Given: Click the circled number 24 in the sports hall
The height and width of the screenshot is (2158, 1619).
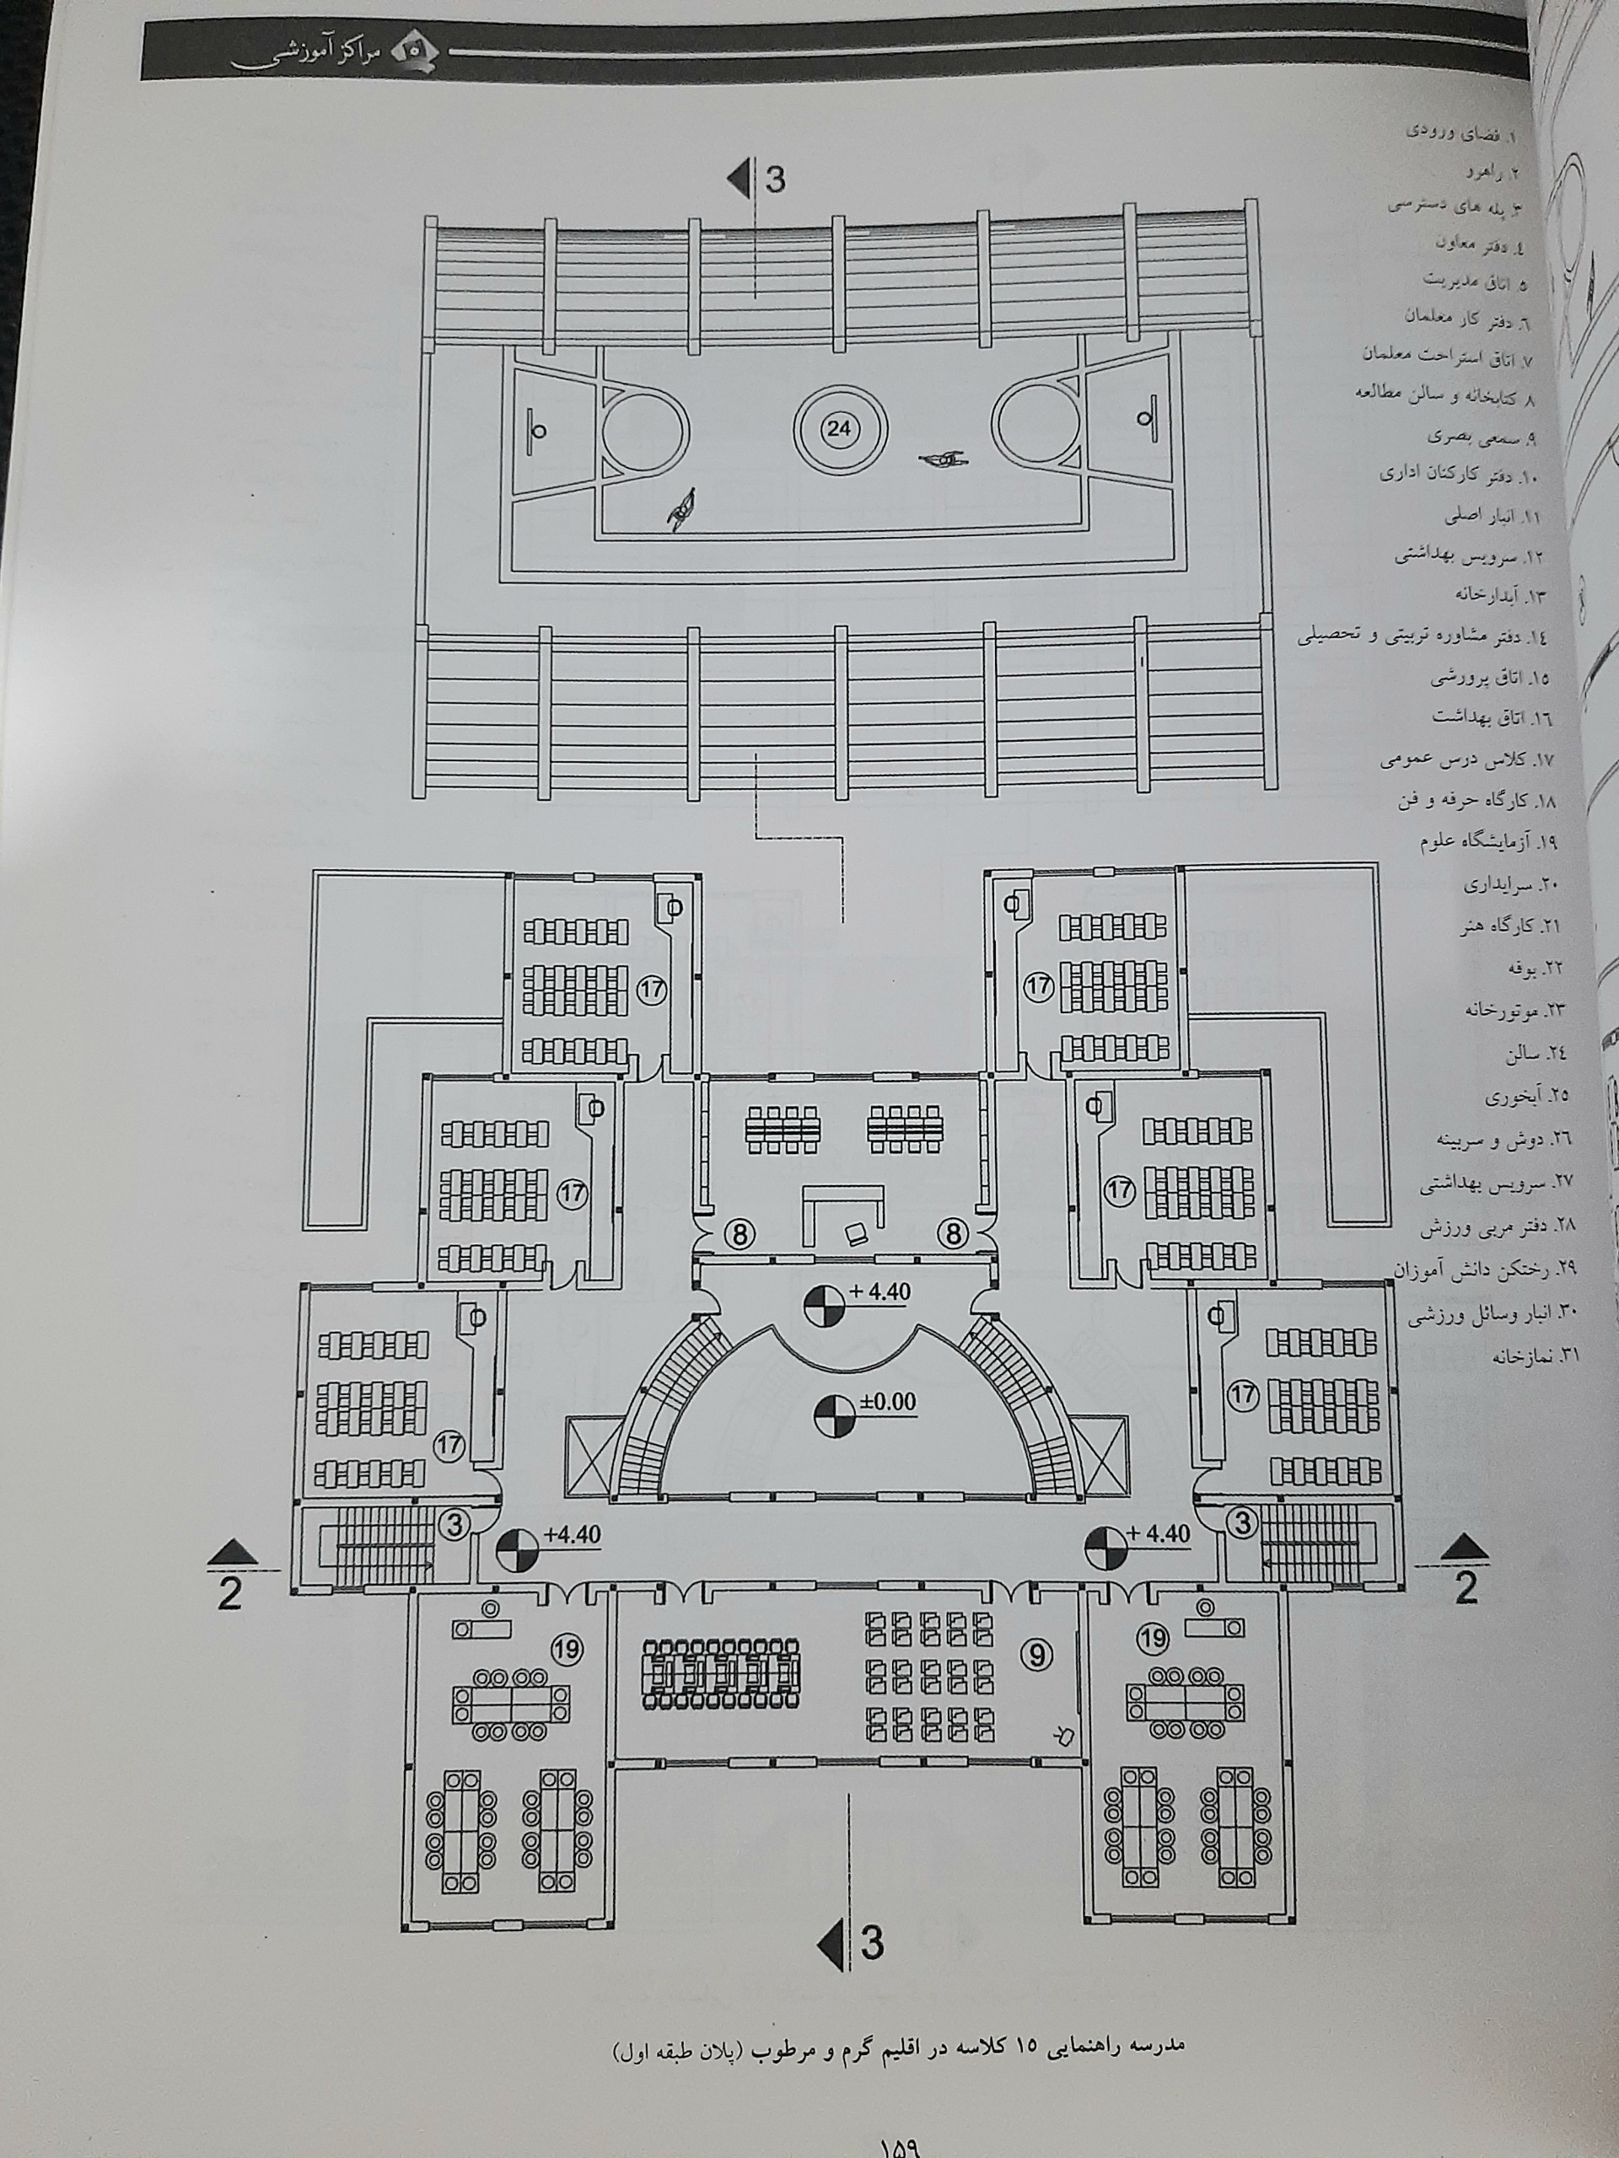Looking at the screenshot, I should pyautogui.click(x=838, y=428).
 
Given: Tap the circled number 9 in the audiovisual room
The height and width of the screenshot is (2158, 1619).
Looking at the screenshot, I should pyautogui.click(x=1037, y=1653).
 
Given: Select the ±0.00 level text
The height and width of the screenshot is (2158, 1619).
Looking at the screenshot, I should pyautogui.click(x=888, y=1402).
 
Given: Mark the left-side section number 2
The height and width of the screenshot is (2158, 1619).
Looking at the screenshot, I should pyautogui.click(x=229, y=1593).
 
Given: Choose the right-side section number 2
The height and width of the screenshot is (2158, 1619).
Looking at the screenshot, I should pyautogui.click(x=1466, y=1588).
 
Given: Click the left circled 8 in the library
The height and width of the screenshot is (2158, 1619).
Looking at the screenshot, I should pyautogui.click(x=740, y=1234).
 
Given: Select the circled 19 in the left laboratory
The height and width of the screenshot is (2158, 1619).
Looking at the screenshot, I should pyautogui.click(x=566, y=1649).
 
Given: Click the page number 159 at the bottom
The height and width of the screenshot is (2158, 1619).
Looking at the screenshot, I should pyautogui.click(x=907, y=2145).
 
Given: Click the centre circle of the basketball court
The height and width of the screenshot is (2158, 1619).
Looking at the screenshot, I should pyautogui.click(x=838, y=428).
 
